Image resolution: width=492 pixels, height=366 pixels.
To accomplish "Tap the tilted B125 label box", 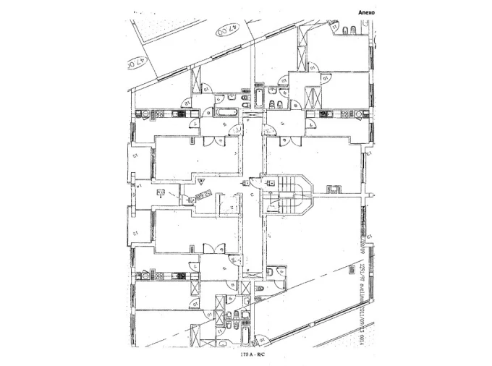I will tap(203, 195).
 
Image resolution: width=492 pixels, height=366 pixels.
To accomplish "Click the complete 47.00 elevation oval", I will tap(228, 31).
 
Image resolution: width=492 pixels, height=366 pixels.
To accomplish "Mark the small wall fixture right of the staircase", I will tap(334, 189).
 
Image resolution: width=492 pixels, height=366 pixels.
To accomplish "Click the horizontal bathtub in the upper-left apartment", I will tap(226, 112).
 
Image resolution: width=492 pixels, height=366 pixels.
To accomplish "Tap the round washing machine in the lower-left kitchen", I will tap(146, 275).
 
